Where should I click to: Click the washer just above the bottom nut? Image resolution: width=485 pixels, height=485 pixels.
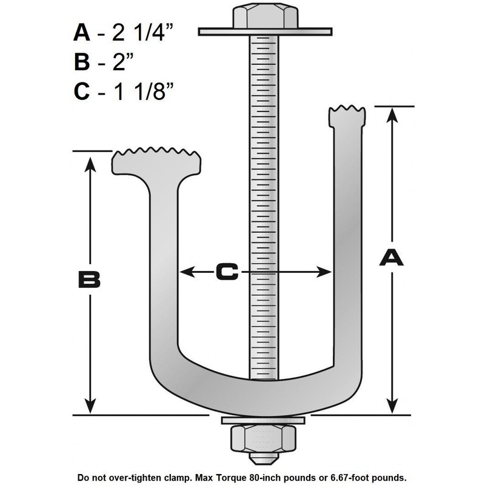point(264,421)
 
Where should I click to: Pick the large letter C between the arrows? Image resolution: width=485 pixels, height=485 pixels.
point(227,273)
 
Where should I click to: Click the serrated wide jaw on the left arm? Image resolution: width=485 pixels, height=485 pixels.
point(156,160)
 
